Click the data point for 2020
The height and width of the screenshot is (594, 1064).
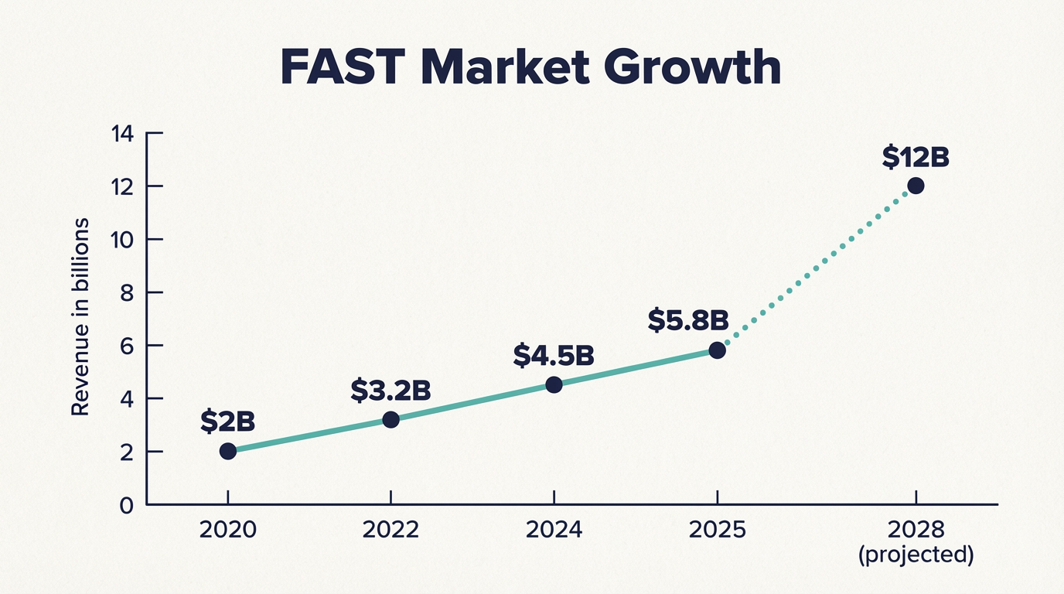click(x=228, y=451)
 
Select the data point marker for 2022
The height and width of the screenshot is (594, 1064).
click(x=391, y=419)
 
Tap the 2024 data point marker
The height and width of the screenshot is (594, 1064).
click(x=554, y=384)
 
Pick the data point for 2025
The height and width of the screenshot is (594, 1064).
click(x=717, y=350)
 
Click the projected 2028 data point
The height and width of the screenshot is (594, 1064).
click(x=916, y=186)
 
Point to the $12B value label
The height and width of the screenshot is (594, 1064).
click(x=916, y=157)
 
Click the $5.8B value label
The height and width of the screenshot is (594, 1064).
click(x=687, y=321)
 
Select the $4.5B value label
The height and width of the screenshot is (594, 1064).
click(x=553, y=355)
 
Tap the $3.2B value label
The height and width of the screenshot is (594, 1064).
click(x=390, y=391)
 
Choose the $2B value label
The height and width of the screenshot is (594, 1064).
click(x=227, y=422)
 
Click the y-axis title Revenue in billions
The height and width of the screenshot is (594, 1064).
click(x=80, y=317)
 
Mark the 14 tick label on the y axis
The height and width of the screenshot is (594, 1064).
click(x=123, y=134)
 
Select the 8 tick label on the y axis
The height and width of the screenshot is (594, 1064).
click(x=128, y=293)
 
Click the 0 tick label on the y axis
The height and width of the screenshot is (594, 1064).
click(x=128, y=505)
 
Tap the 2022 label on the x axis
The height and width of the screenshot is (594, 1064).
click(x=391, y=531)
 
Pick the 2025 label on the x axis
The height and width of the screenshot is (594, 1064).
click(x=717, y=531)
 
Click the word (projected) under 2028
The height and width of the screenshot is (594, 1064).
click(x=916, y=555)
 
